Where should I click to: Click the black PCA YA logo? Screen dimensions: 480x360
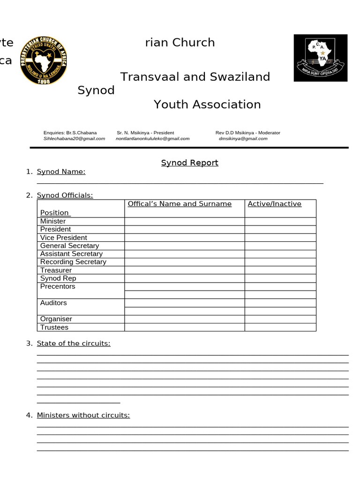tap(321, 58)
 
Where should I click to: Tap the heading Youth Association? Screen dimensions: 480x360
tap(207, 105)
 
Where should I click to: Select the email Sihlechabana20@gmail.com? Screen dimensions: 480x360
tap(74, 139)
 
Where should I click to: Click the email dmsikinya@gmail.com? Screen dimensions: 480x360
tap(243, 139)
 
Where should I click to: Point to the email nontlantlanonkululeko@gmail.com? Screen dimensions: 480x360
tap(152, 139)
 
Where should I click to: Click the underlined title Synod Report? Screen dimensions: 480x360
tap(189, 163)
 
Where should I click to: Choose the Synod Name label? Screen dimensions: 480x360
tap(61, 172)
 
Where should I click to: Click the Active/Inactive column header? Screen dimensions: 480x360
tap(274, 204)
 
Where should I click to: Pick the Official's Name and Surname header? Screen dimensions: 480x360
tap(180, 204)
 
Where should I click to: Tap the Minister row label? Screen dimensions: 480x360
tap(53, 221)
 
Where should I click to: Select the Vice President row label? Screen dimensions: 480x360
tap(64, 238)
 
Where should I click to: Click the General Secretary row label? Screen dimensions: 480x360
tap(69, 246)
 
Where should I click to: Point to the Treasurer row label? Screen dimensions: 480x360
tap(56, 270)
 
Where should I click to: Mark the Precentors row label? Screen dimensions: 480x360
tap(58, 286)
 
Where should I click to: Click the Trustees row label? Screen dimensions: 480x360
tap(54, 327)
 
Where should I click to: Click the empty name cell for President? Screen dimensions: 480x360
tap(184, 230)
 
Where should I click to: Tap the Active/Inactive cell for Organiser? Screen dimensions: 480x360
tap(280, 319)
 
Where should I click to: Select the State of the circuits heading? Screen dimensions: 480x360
tap(74, 344)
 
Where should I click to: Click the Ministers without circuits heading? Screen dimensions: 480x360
tap(83, 415)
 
